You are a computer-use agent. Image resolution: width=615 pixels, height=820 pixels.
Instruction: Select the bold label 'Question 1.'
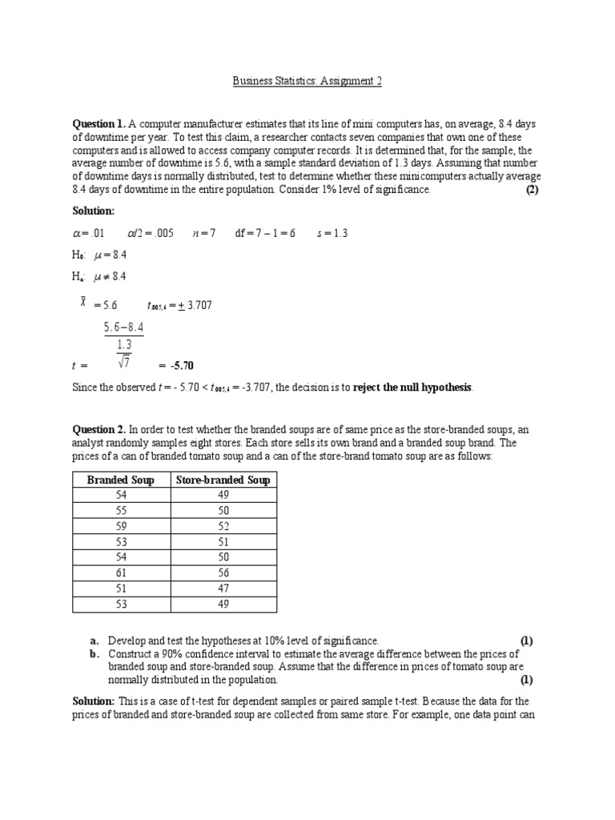98,124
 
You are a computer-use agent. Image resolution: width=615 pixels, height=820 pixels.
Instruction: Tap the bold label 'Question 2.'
98,430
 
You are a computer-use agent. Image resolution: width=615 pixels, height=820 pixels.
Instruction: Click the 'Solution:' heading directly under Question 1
94,210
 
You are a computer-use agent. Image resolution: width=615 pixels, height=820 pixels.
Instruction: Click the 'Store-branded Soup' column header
223,480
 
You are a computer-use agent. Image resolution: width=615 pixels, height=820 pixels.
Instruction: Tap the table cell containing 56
223,573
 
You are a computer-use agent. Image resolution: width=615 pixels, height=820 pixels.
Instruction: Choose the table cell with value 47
223,589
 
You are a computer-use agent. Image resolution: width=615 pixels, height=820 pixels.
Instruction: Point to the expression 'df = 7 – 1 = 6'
265,233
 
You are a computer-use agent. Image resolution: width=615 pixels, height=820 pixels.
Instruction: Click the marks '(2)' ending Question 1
533,190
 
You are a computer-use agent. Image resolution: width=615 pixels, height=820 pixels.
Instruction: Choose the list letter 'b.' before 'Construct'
94,654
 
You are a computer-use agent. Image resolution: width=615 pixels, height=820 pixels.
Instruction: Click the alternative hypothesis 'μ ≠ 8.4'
111,276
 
